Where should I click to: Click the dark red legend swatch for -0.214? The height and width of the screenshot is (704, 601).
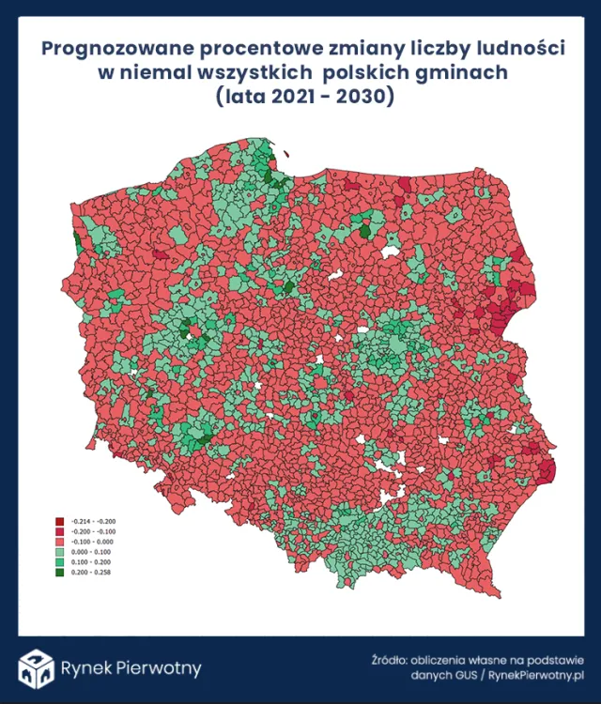tap(59, 521)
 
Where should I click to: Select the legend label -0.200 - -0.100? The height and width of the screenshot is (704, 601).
tap(90, 530)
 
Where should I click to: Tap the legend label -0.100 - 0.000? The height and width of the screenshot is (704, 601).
tap(90, 541)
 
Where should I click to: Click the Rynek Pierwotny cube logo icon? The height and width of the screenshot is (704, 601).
tap(36, 667)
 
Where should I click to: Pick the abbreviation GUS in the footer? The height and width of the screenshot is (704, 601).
tap(464, 675)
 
